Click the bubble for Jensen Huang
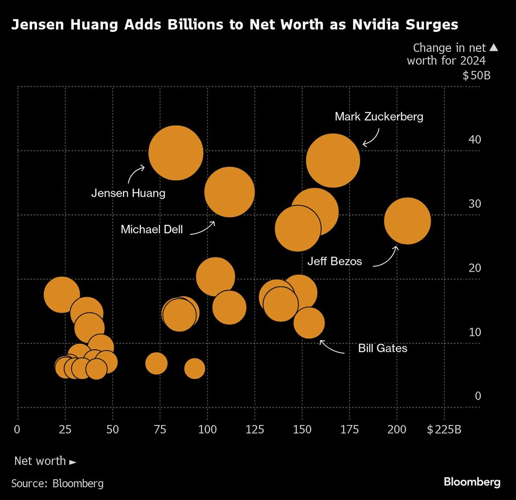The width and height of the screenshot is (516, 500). click(x=175, y=153)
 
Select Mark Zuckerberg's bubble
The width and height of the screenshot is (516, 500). click(x=333, y=160)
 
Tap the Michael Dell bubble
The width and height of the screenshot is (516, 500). click(x=230, y=192)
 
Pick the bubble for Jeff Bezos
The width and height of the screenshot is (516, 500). click(x=407, y=220)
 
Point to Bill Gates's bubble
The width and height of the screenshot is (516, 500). click(x=309, y=323)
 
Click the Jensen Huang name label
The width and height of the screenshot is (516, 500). click(x=128, y=193)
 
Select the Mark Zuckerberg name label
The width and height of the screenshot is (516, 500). click(x=379, y=116)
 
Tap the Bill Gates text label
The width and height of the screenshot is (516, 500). click(x=382, y=348)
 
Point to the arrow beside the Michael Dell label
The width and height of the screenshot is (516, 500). click(x=203, y=228)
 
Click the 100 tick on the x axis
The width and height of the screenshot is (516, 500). click(x=207, y=429)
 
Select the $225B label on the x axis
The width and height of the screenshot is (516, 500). click(x=444, y=429)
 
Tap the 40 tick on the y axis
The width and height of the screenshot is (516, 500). click(x=475, y=140)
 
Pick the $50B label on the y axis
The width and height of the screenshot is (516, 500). click(x=476, y=76)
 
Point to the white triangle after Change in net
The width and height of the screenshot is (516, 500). click(x=494, y=47)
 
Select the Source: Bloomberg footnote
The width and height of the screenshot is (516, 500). click(x=57, y=484)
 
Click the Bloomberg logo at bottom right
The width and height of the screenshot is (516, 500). click(x=472, y=482)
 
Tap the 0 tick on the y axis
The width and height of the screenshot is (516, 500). click(x=478, y=396)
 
